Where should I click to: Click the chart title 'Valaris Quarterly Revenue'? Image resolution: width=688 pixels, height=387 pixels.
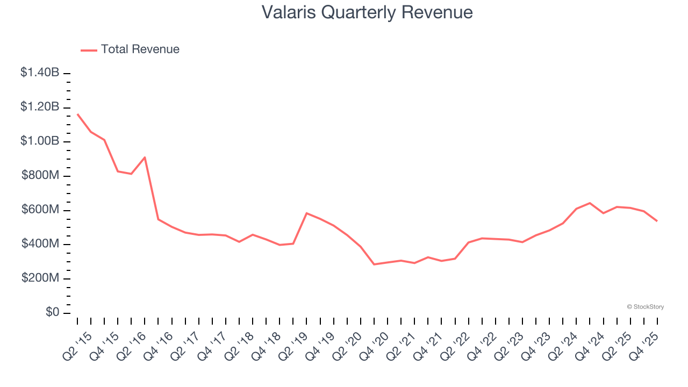click(367, 12)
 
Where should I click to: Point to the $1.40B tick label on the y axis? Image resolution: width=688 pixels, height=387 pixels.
click(40, 72)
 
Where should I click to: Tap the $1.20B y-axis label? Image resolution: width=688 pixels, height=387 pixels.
click(40, 107)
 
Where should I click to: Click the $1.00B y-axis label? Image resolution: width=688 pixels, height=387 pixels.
click(40, 141)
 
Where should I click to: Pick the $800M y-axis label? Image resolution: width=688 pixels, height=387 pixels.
click(40, 176)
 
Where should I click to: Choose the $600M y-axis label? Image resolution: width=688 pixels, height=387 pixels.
click(40, 210)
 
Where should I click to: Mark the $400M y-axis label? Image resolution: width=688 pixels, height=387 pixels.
click(40, 244)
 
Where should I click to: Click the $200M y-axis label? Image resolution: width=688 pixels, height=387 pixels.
click(40, 278)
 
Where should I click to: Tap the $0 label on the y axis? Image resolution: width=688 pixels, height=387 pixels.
click(52, 313)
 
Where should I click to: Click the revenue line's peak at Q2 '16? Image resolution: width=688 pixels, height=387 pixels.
click(145, 157)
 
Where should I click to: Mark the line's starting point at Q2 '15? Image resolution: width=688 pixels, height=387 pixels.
click(77, 114)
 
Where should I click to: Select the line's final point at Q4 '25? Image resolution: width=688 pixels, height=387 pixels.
click(657, 221)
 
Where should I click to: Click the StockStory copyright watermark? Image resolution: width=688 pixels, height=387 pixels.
click(645, 307)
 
